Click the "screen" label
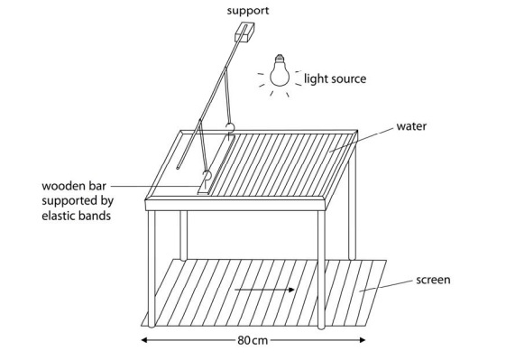pos(434,281)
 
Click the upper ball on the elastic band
pos(230,127)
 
